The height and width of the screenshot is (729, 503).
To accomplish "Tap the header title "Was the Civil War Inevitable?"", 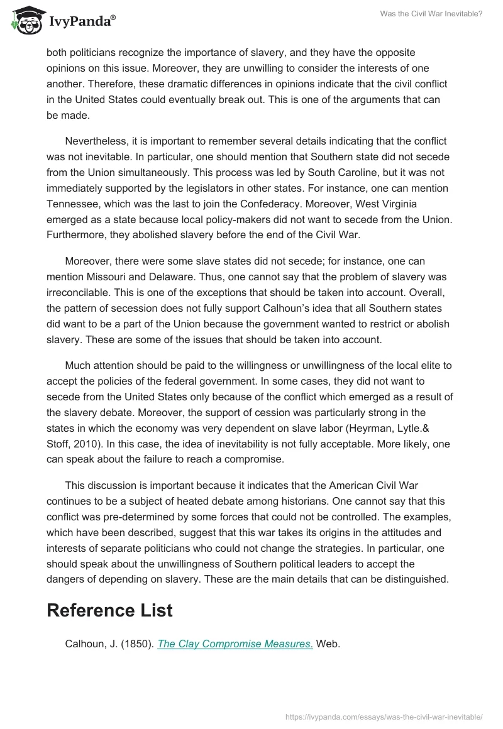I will pyautogui.click(x=431, y=13).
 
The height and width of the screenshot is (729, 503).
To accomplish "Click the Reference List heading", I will pyautogui.click(x=109, y=610).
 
